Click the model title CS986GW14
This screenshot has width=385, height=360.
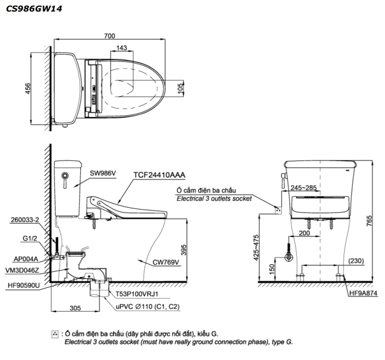coord(34,9)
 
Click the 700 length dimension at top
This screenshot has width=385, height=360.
coord(109,36)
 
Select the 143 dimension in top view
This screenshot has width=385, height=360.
coord(122,48)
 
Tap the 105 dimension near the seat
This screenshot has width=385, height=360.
coord(181,88)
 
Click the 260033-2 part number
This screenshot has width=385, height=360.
coord(25,220)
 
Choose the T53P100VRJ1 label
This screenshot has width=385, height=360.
coord(136,294)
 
